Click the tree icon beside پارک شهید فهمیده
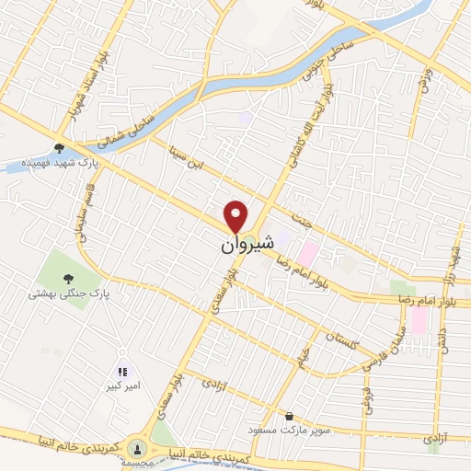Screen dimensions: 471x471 pos(60,147)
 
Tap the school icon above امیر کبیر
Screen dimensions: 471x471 pos(121,372)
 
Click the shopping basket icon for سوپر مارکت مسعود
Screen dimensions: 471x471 pos(291,416)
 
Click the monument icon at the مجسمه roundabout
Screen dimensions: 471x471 pos(138,449)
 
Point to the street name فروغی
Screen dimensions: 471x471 pos(368,404)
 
